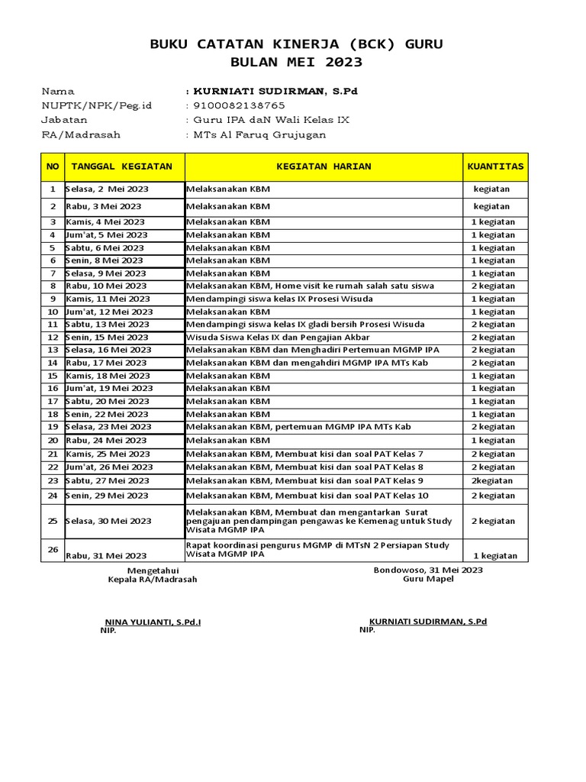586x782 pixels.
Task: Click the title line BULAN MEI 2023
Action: pos(297,62)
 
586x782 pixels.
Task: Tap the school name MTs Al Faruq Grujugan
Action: pos(259,134)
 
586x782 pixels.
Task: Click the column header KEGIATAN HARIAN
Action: pos(324,166)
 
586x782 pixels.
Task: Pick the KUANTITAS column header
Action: pos(495,166)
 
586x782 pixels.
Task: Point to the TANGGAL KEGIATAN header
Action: pos(122,166)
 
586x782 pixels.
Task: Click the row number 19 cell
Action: pos(53,427)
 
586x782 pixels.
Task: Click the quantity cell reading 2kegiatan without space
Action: pos(492,481)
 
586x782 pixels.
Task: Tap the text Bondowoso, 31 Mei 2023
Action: pos(427,570)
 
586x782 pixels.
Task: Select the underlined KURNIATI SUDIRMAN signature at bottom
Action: pos(427,622)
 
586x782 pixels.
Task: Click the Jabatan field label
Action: pos(64,120)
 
